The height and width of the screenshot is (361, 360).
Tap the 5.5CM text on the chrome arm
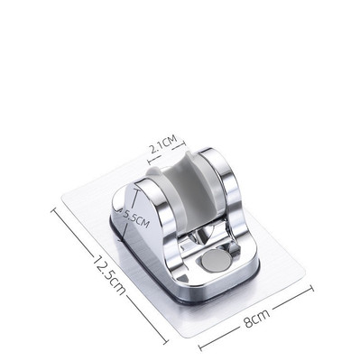tap(136, 218)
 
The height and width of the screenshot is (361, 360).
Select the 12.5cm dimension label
tap(109, 275)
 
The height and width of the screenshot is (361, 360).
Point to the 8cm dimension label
tap(256, 318)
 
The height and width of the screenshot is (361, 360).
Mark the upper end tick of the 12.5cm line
tap(54, 210)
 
